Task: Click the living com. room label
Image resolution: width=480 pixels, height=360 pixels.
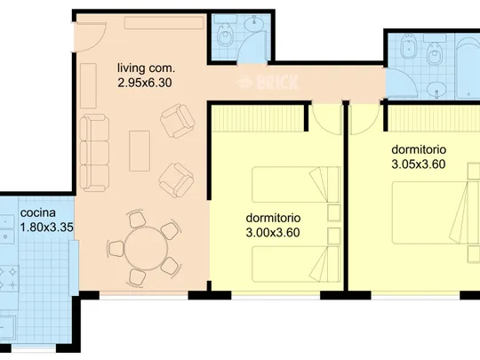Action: [x=146, y=68]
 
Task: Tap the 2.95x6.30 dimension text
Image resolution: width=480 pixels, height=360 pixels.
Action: [x=145, y=83]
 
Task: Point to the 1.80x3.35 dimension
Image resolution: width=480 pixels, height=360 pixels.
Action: [x=46, y=228]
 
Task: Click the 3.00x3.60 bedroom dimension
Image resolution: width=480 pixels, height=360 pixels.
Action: [x=273, y=233]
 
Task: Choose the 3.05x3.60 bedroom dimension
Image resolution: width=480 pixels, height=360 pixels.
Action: [x=418, y=164]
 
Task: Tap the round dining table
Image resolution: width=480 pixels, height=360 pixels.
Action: [x=147, y=248]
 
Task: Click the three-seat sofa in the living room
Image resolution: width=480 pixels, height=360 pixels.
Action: [x=94, y=153]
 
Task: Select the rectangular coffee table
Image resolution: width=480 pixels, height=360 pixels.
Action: [x=140, y=151]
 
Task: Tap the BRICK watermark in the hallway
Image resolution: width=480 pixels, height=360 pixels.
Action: [x=268, y=82]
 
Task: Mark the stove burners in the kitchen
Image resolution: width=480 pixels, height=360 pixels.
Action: [x=9, y=278]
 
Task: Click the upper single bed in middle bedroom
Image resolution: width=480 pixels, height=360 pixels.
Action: [x=296, y=184]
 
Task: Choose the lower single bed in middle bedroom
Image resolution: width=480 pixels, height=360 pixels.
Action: [x=296, y=264]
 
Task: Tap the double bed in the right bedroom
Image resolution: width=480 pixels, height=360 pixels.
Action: [x=436, y=212]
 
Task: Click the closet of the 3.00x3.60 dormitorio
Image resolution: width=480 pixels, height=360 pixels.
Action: [x=258, y=118]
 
